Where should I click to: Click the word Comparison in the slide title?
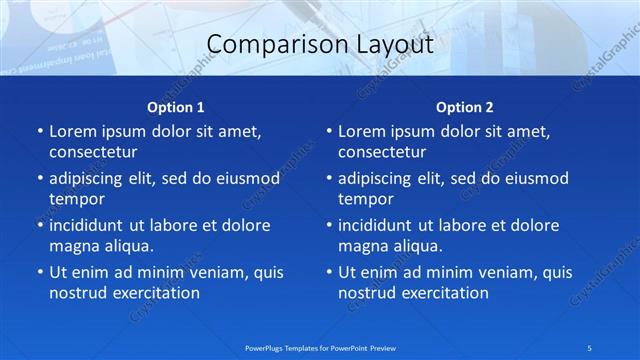269,45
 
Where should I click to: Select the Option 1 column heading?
176,106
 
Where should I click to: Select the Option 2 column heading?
465,106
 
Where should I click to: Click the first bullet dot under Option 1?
39,132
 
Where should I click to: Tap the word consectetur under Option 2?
382,152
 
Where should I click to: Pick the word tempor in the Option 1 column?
75,199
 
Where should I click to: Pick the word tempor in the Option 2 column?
365,199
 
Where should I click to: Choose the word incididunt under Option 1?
92,225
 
